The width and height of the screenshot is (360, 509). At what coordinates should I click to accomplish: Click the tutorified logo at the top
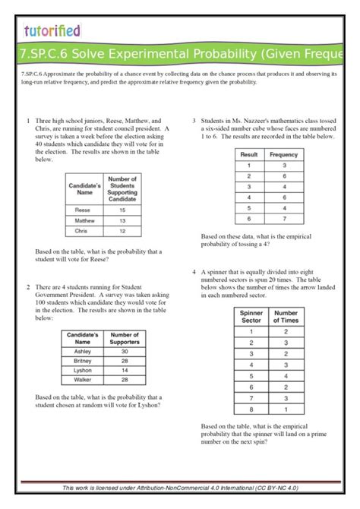(51, 30)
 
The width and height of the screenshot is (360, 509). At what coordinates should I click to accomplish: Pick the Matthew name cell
(84, 220)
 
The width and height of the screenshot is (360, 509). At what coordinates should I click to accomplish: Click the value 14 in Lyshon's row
(124, 369)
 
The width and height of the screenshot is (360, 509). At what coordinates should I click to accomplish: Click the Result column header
(249, 154)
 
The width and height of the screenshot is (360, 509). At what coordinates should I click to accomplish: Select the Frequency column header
(283, 154)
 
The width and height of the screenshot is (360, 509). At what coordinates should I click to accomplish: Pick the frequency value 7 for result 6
(283, 218)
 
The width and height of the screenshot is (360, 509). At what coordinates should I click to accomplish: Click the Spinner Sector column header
(251, 316)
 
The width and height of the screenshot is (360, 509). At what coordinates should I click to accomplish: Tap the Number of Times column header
(286, 316)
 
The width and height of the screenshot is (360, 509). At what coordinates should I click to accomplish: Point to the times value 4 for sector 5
(286, 375)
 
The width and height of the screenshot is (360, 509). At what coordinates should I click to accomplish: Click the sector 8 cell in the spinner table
(251, 409)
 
